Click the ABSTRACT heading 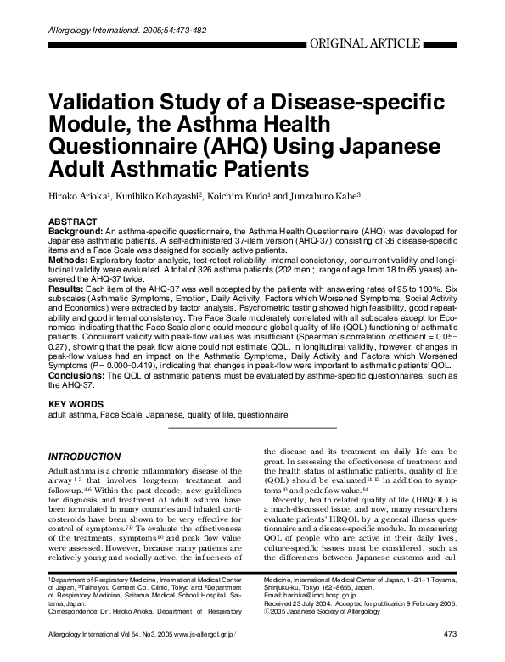click(76, 221)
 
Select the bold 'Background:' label click(76, 231)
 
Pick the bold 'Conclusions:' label click(79, 375)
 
